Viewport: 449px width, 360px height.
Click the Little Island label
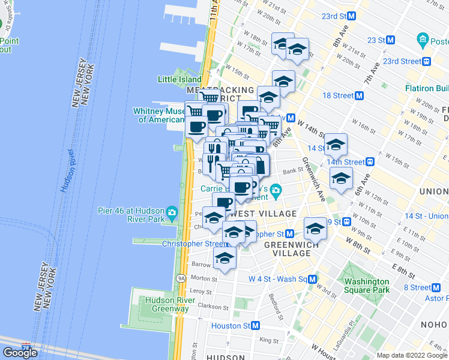(x=179, y=79)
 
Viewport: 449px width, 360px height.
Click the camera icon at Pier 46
(x=172, y=212)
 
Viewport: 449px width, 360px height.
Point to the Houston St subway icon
(x=256, y=326)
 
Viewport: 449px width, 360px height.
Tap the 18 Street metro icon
(x=360, y=95)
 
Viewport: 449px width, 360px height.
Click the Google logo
(x=20, y=353)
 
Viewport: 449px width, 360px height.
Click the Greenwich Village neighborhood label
(x=287, y=248)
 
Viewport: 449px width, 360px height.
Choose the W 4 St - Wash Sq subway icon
(x=313, y=279)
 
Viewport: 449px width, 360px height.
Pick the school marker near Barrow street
(x=224, y=259)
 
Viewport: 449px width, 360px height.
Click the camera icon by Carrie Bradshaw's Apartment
(x=276, y=193)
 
